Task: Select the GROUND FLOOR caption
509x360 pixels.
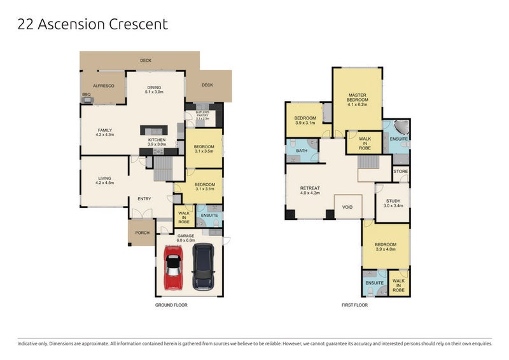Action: click(x=172, y=305)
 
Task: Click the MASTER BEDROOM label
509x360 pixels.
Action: click(x=356, y=97)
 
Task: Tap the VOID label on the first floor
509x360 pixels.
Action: click(x=348, y=207)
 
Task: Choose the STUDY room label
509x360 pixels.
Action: click(x=391, y=201)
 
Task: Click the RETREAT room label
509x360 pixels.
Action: click(x=309, y=188)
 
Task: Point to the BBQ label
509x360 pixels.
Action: click(x=86, y=95)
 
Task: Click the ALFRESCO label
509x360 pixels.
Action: click(x=103, y=85)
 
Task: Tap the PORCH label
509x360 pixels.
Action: click(x=143, y=233)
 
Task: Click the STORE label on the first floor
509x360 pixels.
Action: click(x=401, y=172)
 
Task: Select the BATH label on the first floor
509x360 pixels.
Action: click(x=302, y=151)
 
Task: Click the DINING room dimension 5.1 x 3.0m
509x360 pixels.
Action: click(x=154, y=92)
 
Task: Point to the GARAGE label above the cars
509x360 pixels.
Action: click(x=186, y=236)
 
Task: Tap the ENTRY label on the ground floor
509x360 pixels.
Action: click(x=144, y=198)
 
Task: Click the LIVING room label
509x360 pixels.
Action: click(x=104, y=178)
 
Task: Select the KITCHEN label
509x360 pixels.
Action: click(x=157, y=139)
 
